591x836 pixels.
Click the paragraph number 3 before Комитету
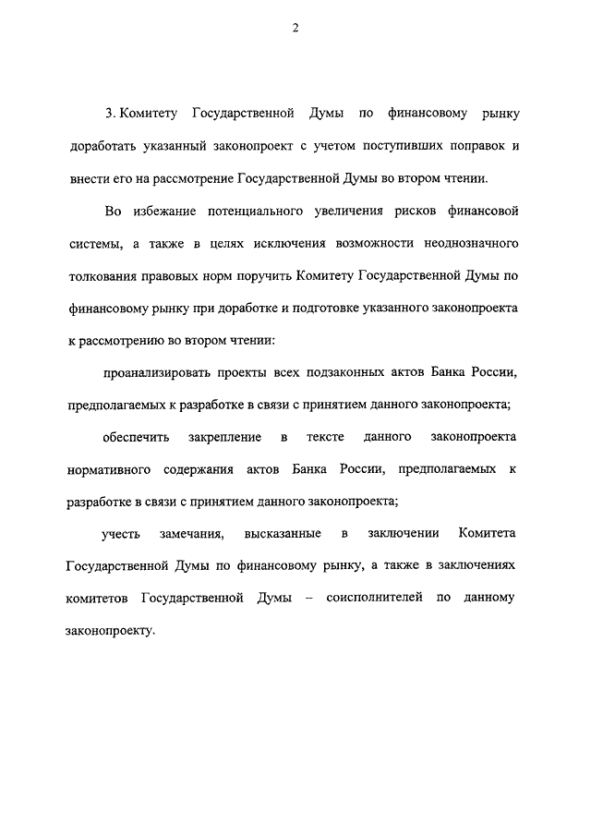pyautogui.click(x=109, y=114)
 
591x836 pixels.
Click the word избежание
pyautogui.click(x=168, y=212)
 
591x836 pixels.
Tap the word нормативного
pyautogui.click(x=110, y=468)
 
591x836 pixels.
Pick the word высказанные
pyautogui.click(x=283, y=533)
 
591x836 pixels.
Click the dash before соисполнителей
pyautogui.click(x=306, y=598)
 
